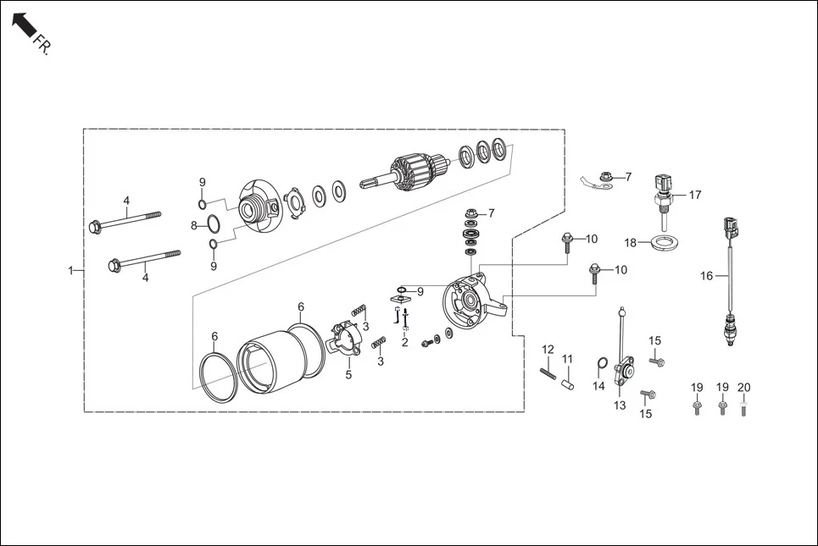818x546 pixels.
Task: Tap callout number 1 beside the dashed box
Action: point(70,271)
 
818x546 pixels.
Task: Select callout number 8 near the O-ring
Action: point(193,225)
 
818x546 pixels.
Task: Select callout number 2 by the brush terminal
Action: point(405,342)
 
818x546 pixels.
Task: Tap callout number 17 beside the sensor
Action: point(695,195)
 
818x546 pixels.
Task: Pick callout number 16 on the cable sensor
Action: point(707,275)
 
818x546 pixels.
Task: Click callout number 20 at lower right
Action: point(743,387)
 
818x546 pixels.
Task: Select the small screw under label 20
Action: point(743,410)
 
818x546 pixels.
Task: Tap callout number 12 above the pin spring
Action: point(548,349)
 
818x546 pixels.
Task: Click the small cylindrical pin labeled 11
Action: point(570,383)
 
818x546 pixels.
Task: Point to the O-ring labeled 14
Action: point(603,365)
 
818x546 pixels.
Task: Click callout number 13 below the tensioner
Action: point(620,405)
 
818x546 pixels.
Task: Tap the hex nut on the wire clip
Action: point(606,177)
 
